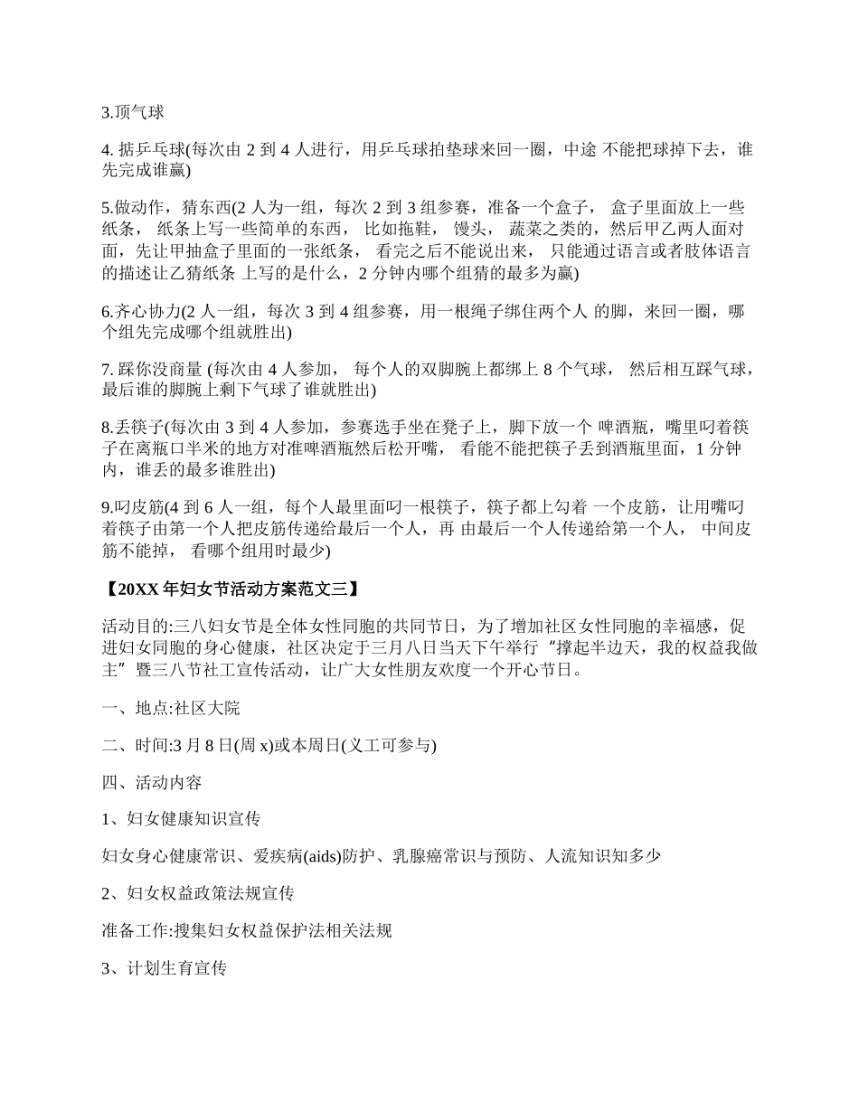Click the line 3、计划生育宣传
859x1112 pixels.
click(164, 968)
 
